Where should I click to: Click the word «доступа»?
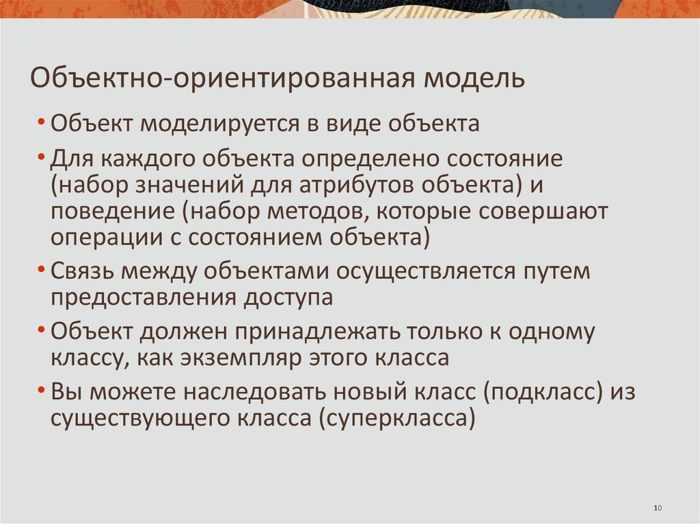point(290,297)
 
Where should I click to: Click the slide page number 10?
point(658,508)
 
